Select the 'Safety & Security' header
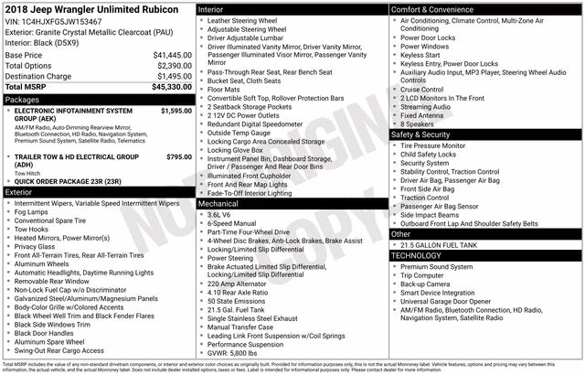420,134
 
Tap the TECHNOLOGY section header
418,255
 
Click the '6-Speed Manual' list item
234,223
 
